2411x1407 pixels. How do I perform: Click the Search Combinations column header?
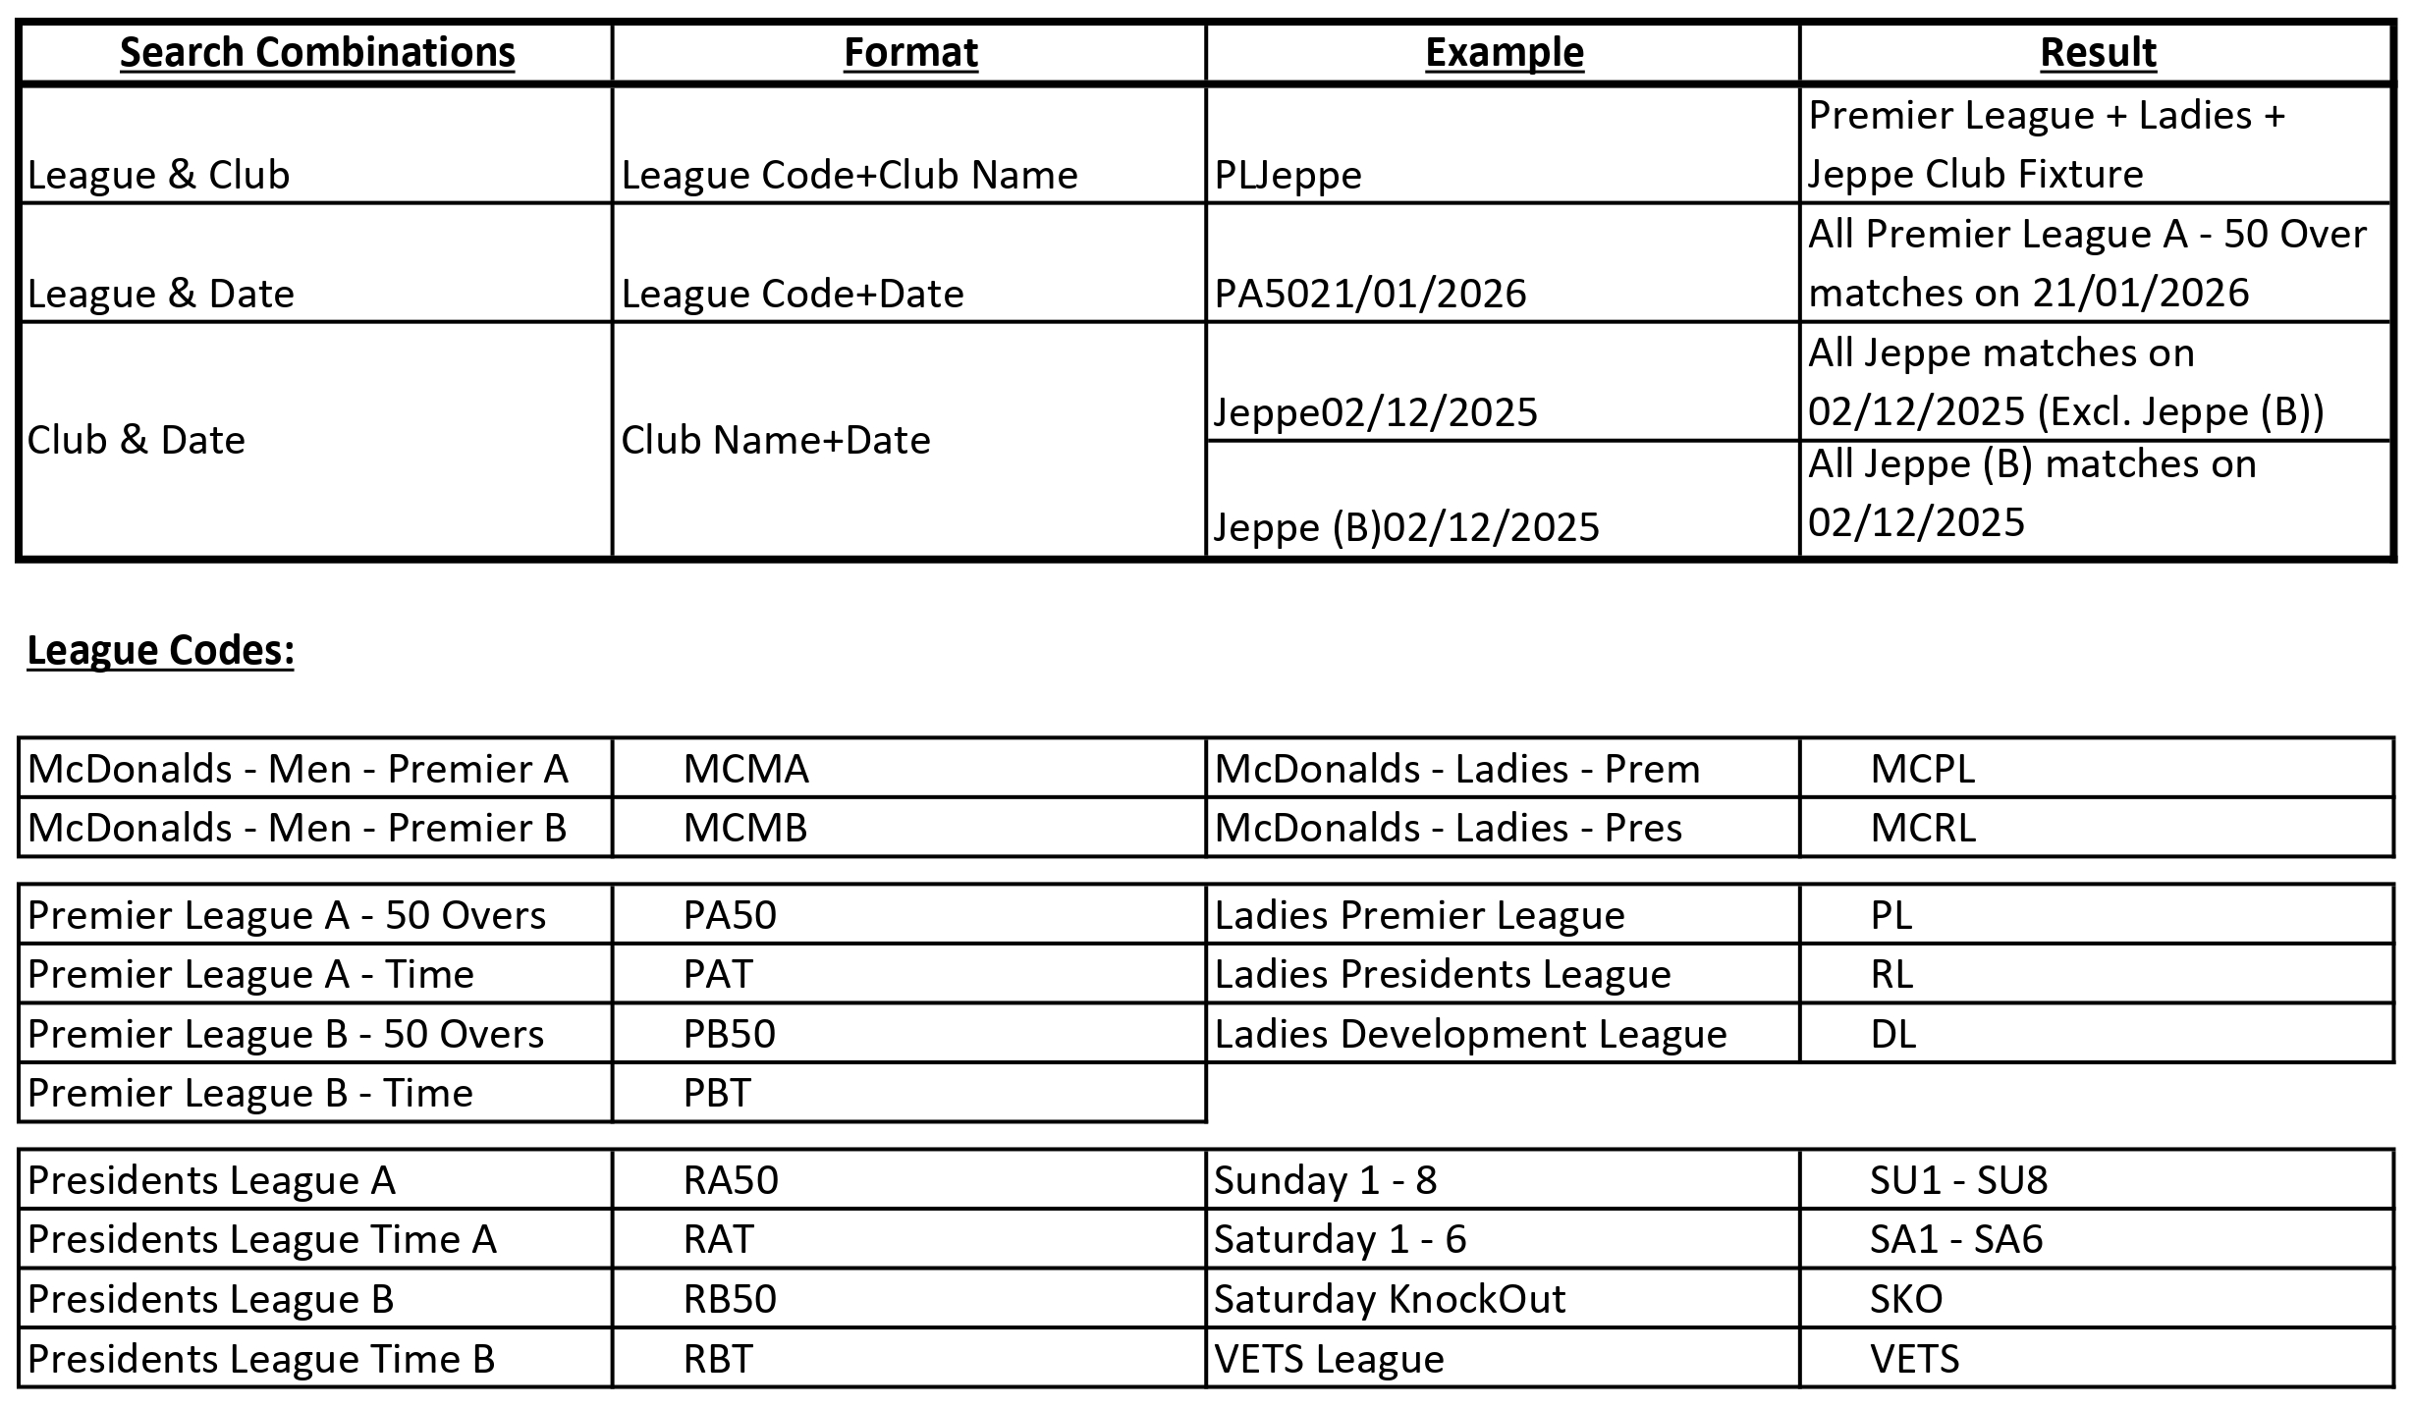317,53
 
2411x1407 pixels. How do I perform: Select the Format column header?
910,53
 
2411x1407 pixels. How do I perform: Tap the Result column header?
2098,53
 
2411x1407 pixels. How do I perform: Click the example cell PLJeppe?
1288,176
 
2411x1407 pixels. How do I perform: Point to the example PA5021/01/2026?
1370,294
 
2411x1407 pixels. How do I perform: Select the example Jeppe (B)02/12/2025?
1406,528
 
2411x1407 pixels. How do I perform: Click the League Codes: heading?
161,651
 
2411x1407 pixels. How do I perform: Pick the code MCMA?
745,769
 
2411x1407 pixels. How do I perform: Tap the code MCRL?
1922,829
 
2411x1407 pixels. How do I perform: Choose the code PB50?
730,1034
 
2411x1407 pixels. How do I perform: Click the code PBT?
717,1093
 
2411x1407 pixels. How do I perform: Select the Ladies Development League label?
1470,1034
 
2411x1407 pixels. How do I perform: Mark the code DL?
1892,1034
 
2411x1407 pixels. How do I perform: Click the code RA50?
731,1180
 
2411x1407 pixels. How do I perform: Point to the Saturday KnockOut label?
1390,1299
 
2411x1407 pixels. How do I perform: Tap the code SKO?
1905,1299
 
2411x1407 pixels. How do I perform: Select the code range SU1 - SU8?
1958,1180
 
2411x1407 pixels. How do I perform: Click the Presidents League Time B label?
261,1359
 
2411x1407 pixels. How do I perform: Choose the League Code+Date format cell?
793,294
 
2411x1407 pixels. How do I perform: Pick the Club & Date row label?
136,440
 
